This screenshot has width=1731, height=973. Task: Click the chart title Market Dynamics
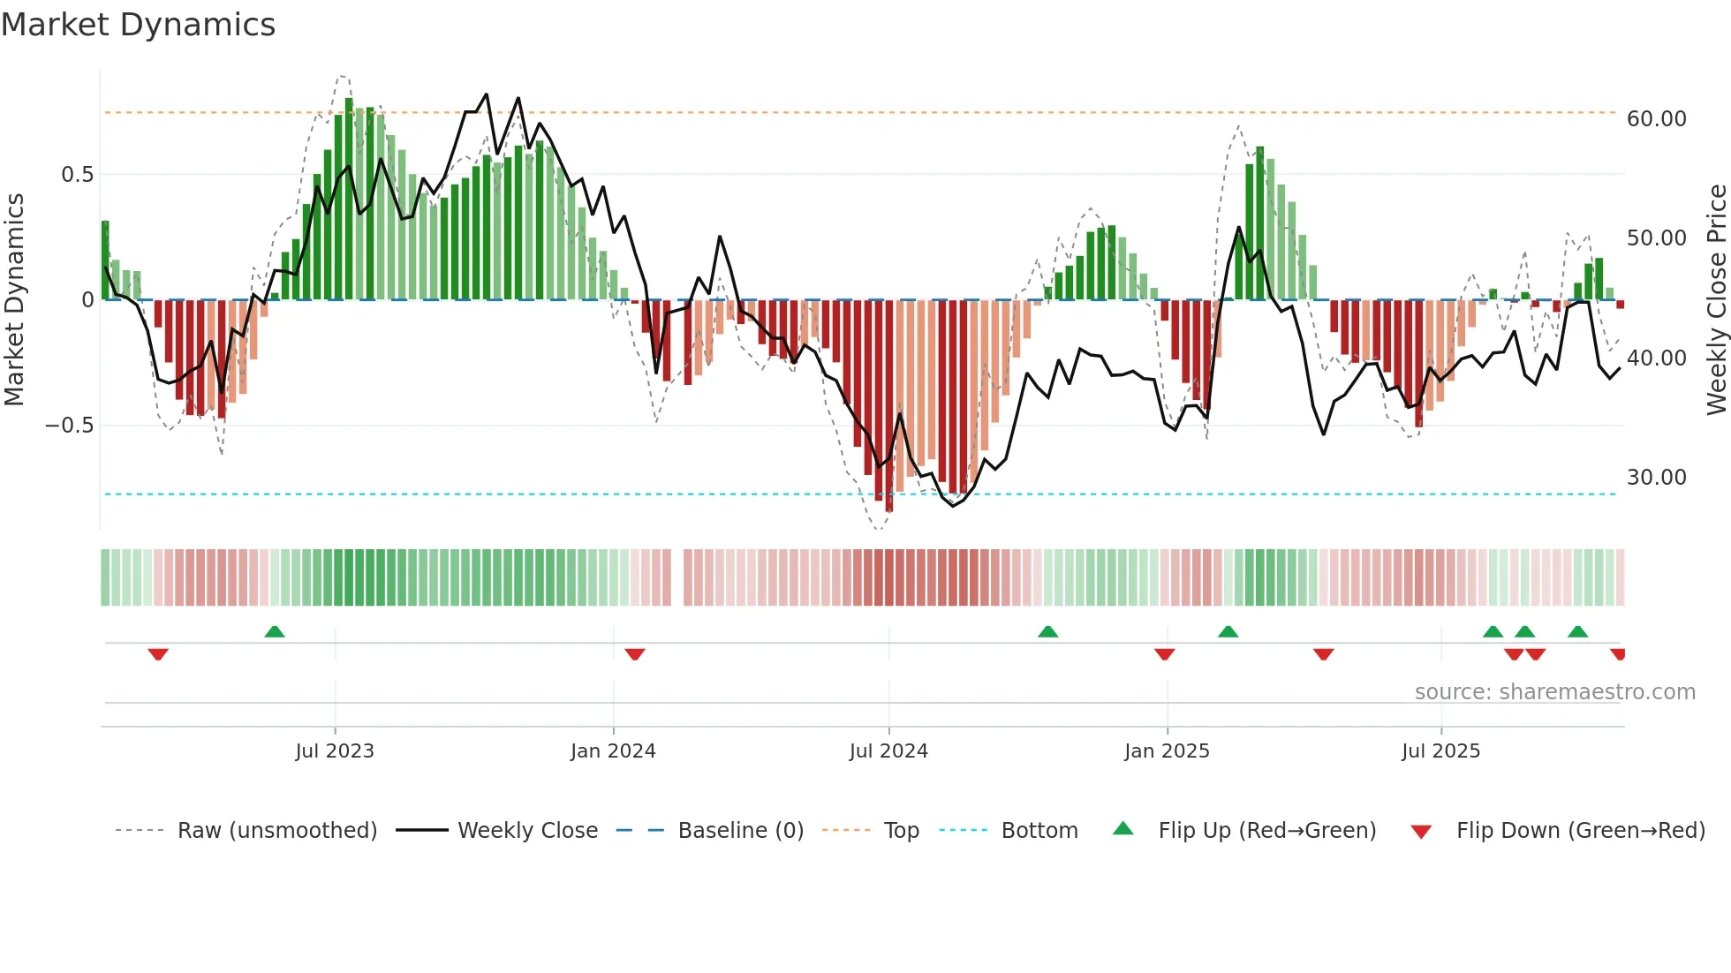click(x=139, y=25)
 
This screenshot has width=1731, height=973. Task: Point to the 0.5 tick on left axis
click(x=77, y=175)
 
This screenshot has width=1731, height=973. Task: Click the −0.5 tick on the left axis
click(x=69, y=426)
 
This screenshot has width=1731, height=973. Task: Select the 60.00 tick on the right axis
click(x=1656, y=119)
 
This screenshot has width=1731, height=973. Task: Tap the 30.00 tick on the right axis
click(x=1656, y=478)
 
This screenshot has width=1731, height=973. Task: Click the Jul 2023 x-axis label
click(x=335, y=751)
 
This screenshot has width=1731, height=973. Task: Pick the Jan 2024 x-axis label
click(x=613, y=751)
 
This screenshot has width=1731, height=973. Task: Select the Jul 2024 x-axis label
click(x=888, y=751)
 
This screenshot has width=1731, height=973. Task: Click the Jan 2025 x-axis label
click(x=1167, y=751)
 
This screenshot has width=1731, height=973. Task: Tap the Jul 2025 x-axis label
click(x=1440, y=751)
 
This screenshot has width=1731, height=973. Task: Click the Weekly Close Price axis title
click(x=1716, y=299)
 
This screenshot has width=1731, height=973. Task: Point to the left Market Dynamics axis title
click(x=14, y=299)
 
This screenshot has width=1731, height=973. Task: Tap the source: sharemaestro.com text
click(x=1554, y=692)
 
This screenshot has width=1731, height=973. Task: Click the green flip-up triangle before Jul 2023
click(x=275, y=632)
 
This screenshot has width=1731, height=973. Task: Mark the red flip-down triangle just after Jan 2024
click(x=635, y=654)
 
